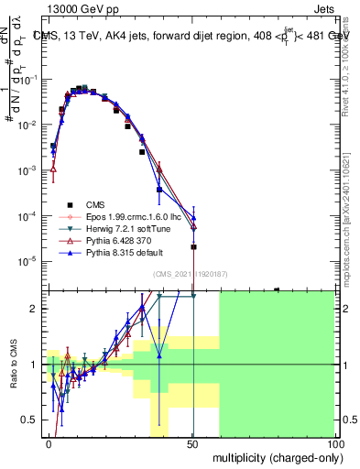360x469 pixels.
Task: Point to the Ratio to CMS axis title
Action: click(12, 365)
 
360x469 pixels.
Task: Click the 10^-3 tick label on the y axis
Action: click(27, 170)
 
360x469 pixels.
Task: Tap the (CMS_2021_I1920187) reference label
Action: click(191, 273)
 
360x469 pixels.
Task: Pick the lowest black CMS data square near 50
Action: click(193, 246)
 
